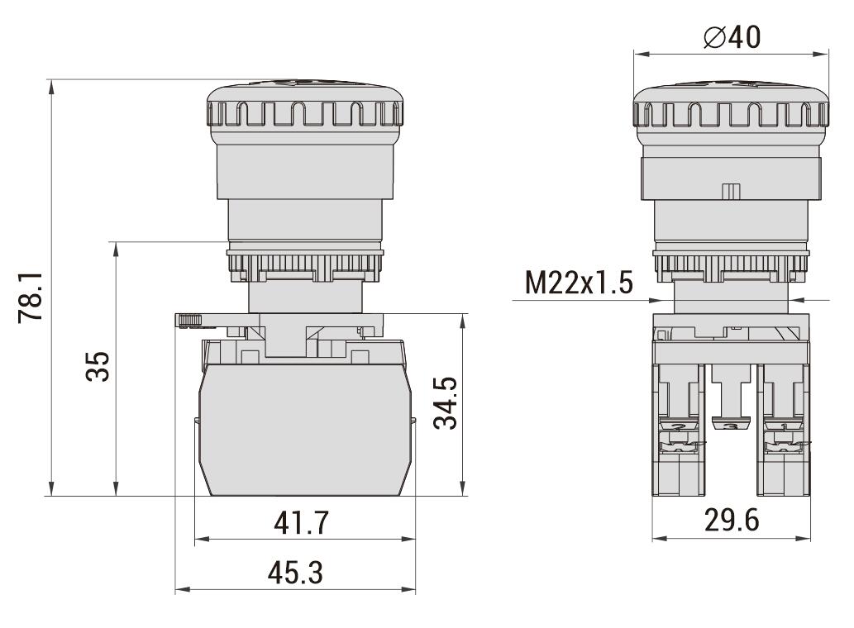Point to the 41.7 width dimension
click(302, 522)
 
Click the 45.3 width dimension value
click(296, 573)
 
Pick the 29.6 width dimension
click(731, 521)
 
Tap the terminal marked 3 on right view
click(731, 426)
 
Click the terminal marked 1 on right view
click(782, 426)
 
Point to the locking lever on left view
click(191, 320)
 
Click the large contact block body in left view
click(303, 430)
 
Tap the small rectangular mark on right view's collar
click(731, 192)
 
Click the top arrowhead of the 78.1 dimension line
click(52, 83)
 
